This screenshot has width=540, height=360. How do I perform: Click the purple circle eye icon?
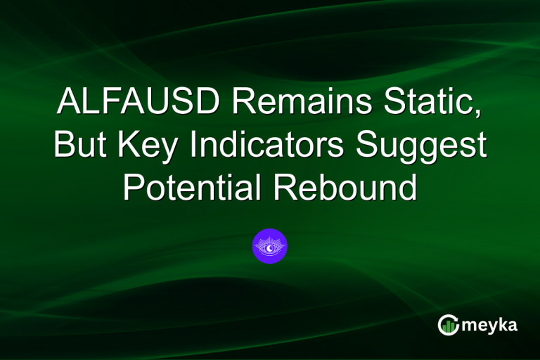[x=270, y=246]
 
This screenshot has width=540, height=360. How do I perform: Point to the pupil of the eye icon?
[x=270, y=245]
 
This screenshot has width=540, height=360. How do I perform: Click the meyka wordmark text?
[x=490, y=324]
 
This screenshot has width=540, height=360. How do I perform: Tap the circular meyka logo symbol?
[x=449, y=324]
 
